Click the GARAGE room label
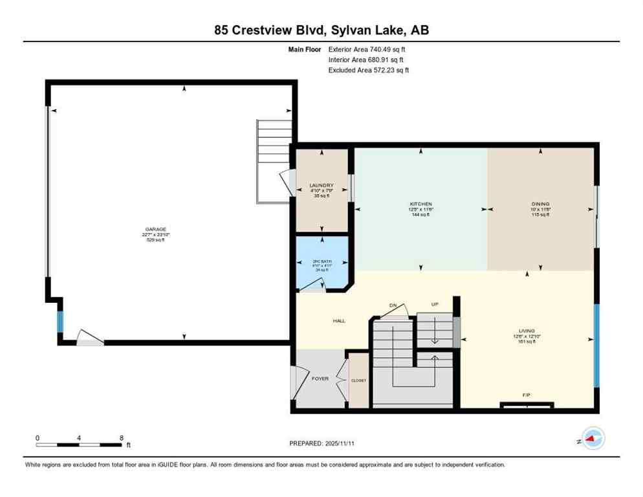(x=155, y=229)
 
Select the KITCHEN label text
(x=421, y=204)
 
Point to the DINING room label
(x=539, y=204)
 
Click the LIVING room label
(x=526, y=331)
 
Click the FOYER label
(x=320, y=379)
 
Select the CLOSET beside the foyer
(x=358, y=381)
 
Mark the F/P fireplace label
(x=527, y=393)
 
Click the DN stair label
(x=393, y=305)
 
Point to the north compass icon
(x=592, y=439)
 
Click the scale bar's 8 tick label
(x=121, y=437)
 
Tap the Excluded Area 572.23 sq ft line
(x=368, y=70)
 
